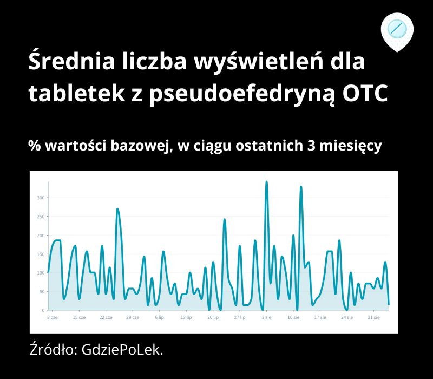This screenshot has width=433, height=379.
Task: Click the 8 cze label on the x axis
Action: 52,317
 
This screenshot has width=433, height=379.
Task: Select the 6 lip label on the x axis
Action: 159,317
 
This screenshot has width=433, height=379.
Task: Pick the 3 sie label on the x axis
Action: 266,317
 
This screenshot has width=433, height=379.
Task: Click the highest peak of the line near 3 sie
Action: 266,182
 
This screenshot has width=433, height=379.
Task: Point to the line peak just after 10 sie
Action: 301,187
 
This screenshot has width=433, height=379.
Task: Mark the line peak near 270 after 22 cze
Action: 117,209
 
